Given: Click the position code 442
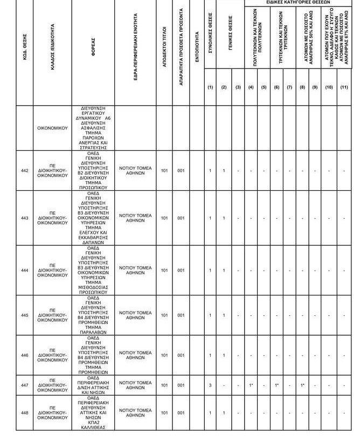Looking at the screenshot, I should [x=24, y=171].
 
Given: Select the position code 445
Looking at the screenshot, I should [x=24, y=315].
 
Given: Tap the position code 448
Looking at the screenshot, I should [x=24, y=413].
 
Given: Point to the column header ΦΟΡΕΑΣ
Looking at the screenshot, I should [x=93, y=53].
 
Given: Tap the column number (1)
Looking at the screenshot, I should [x=210, y=87].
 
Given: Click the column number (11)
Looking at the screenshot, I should [x=344, y=87].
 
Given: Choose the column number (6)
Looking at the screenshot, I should [x=276, y=87].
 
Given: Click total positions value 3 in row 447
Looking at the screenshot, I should [x=210, y=385].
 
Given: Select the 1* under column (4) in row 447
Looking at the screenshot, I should [x=251, y=385].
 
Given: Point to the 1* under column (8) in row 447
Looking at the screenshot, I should [x=302, y=385].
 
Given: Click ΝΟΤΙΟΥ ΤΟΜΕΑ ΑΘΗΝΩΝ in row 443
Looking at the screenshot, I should [x=135, y=218].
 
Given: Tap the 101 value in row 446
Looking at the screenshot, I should [x=164, y=355].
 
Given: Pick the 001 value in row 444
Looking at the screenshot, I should [x=181, y=271].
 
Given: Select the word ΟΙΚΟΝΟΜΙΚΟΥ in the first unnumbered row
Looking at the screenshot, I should [x=52, y=128].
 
